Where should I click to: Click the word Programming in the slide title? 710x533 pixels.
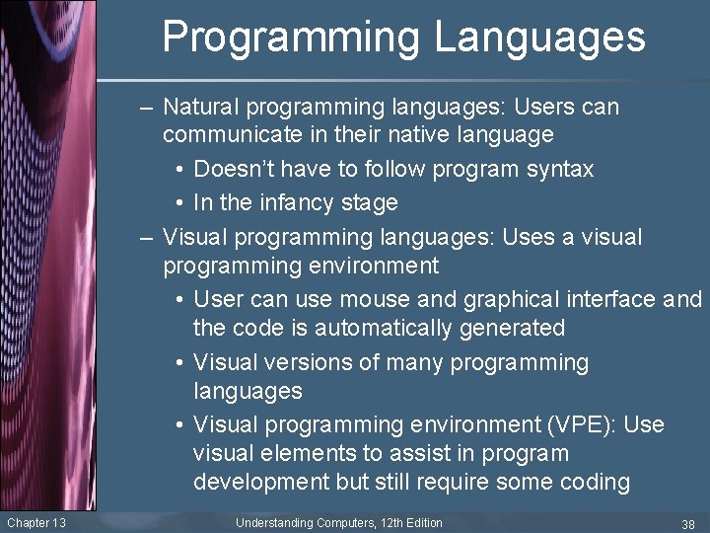pos(292,38)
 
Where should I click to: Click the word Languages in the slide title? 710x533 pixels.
pos(540,38)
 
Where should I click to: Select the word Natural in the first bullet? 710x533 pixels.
pos(200,107)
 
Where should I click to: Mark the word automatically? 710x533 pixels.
pos(379,328)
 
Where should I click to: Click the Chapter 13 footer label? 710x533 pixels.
pos(35,522)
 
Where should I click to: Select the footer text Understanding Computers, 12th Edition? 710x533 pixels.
pos(339,522)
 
